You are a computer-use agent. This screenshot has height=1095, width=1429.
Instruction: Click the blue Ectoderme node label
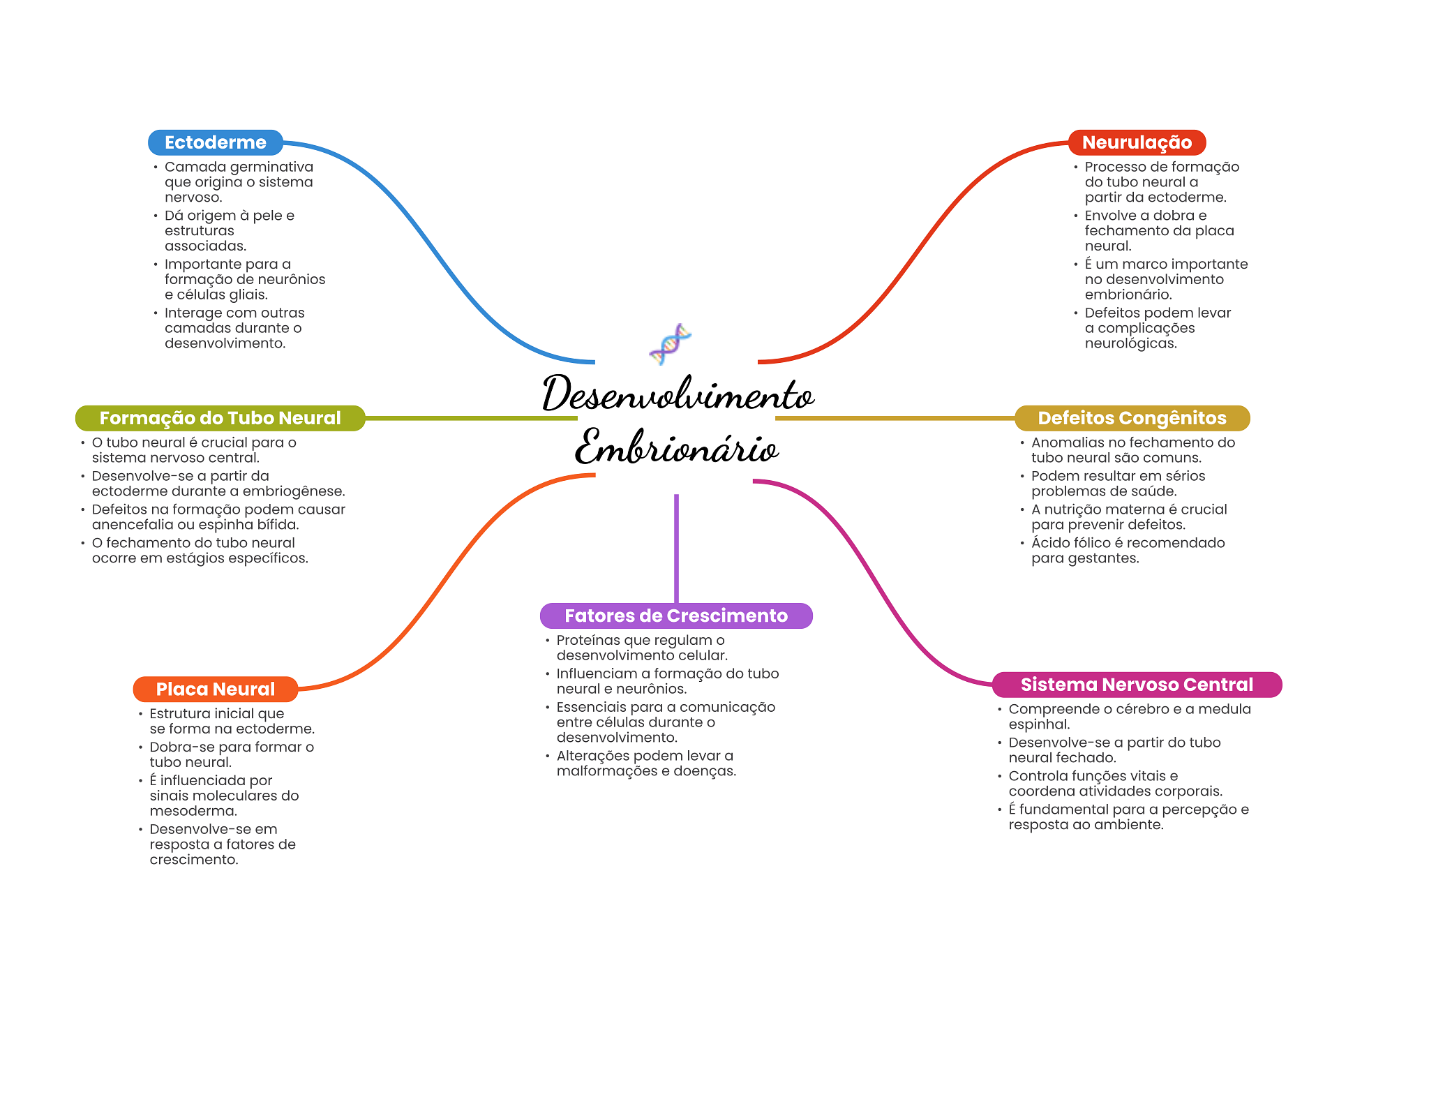click(215, 142)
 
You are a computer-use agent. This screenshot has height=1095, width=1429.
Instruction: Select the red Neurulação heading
click(1137, 142)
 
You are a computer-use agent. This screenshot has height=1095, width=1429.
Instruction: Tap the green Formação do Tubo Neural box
click(220, 418)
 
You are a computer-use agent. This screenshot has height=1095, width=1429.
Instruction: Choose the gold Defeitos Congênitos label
click(1132, 418)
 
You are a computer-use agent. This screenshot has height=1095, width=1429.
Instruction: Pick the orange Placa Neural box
click(215, 689)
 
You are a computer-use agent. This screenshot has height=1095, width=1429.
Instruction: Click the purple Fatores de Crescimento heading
click(675, 616)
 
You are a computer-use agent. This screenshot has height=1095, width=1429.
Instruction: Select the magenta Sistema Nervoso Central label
click(1137, 685)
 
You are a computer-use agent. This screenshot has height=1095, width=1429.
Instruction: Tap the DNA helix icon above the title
click(670, 344)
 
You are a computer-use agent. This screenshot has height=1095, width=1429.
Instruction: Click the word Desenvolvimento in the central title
click(678, 394)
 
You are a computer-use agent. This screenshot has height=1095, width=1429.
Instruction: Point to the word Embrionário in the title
click(676, 447)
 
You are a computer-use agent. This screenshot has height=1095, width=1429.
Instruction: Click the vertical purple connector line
click(676, 548)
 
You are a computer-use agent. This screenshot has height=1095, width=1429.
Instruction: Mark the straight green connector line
click(471, 418)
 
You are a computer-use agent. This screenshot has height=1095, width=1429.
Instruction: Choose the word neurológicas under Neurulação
click(1130, 343)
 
